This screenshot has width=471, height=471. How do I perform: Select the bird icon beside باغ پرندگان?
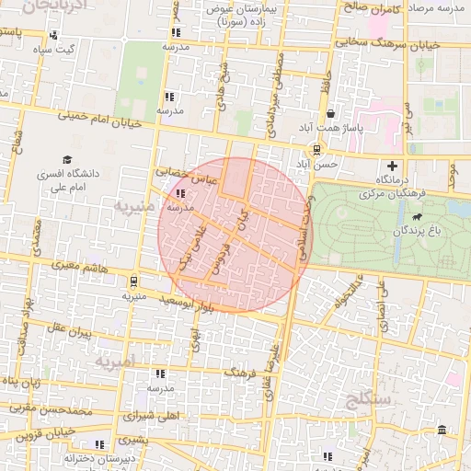tap(418, 218)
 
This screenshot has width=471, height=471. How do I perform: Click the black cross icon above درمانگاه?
tap(394, 167)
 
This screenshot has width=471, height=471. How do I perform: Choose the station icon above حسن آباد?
tap(317, 149)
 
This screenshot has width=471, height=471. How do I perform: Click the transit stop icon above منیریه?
tap(134, 282)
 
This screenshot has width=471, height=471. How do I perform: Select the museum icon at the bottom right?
tap(442, 431)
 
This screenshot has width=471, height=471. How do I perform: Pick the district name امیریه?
tap(114, 361)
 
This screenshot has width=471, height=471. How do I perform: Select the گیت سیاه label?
tap(55, 49)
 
